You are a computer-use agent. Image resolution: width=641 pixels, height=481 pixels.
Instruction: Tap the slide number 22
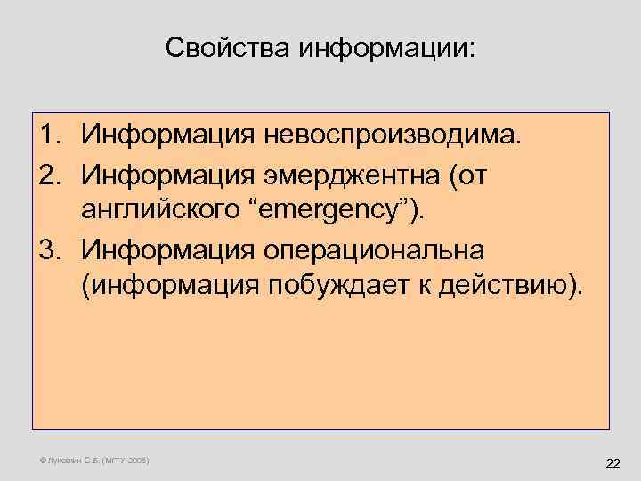(613, 463)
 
